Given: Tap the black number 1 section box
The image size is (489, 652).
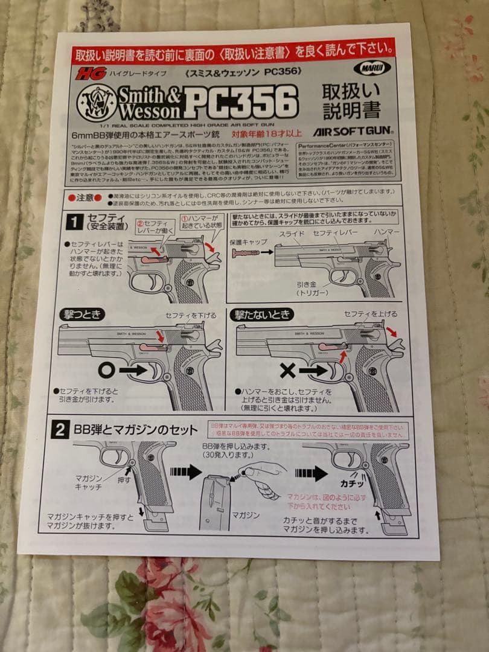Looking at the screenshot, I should [x=74, y=222].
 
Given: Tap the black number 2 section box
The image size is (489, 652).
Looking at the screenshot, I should [x=60, y=430].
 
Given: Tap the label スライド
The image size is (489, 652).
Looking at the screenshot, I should [x=291, y=232].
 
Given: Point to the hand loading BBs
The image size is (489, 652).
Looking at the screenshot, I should [x=262, y=477].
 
